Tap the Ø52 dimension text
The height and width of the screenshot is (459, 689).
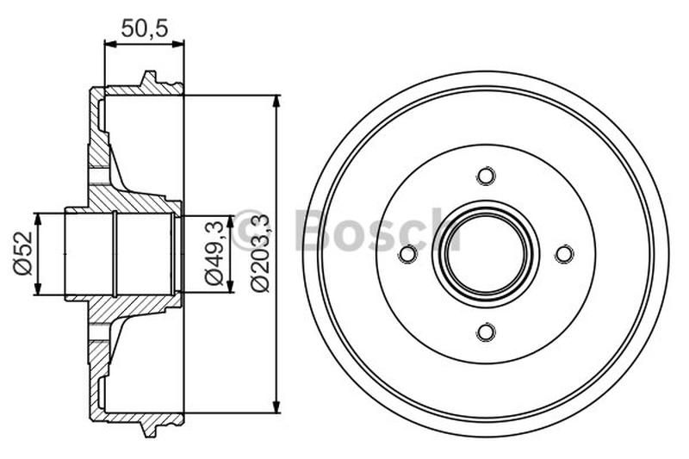(22, 253)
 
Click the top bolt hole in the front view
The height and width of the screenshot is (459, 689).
(486, 177)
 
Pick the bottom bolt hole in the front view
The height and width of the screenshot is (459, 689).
(486, 332)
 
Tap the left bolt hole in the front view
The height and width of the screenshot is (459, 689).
(408, 254)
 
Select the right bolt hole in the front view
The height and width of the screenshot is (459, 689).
(563, 254)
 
